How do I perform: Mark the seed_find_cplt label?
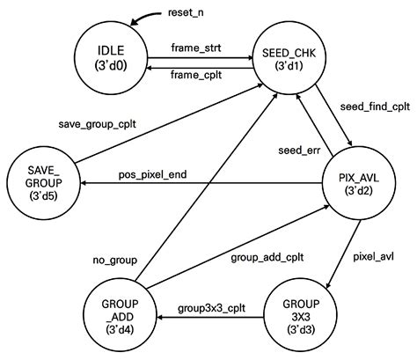[x=375, y=107]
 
